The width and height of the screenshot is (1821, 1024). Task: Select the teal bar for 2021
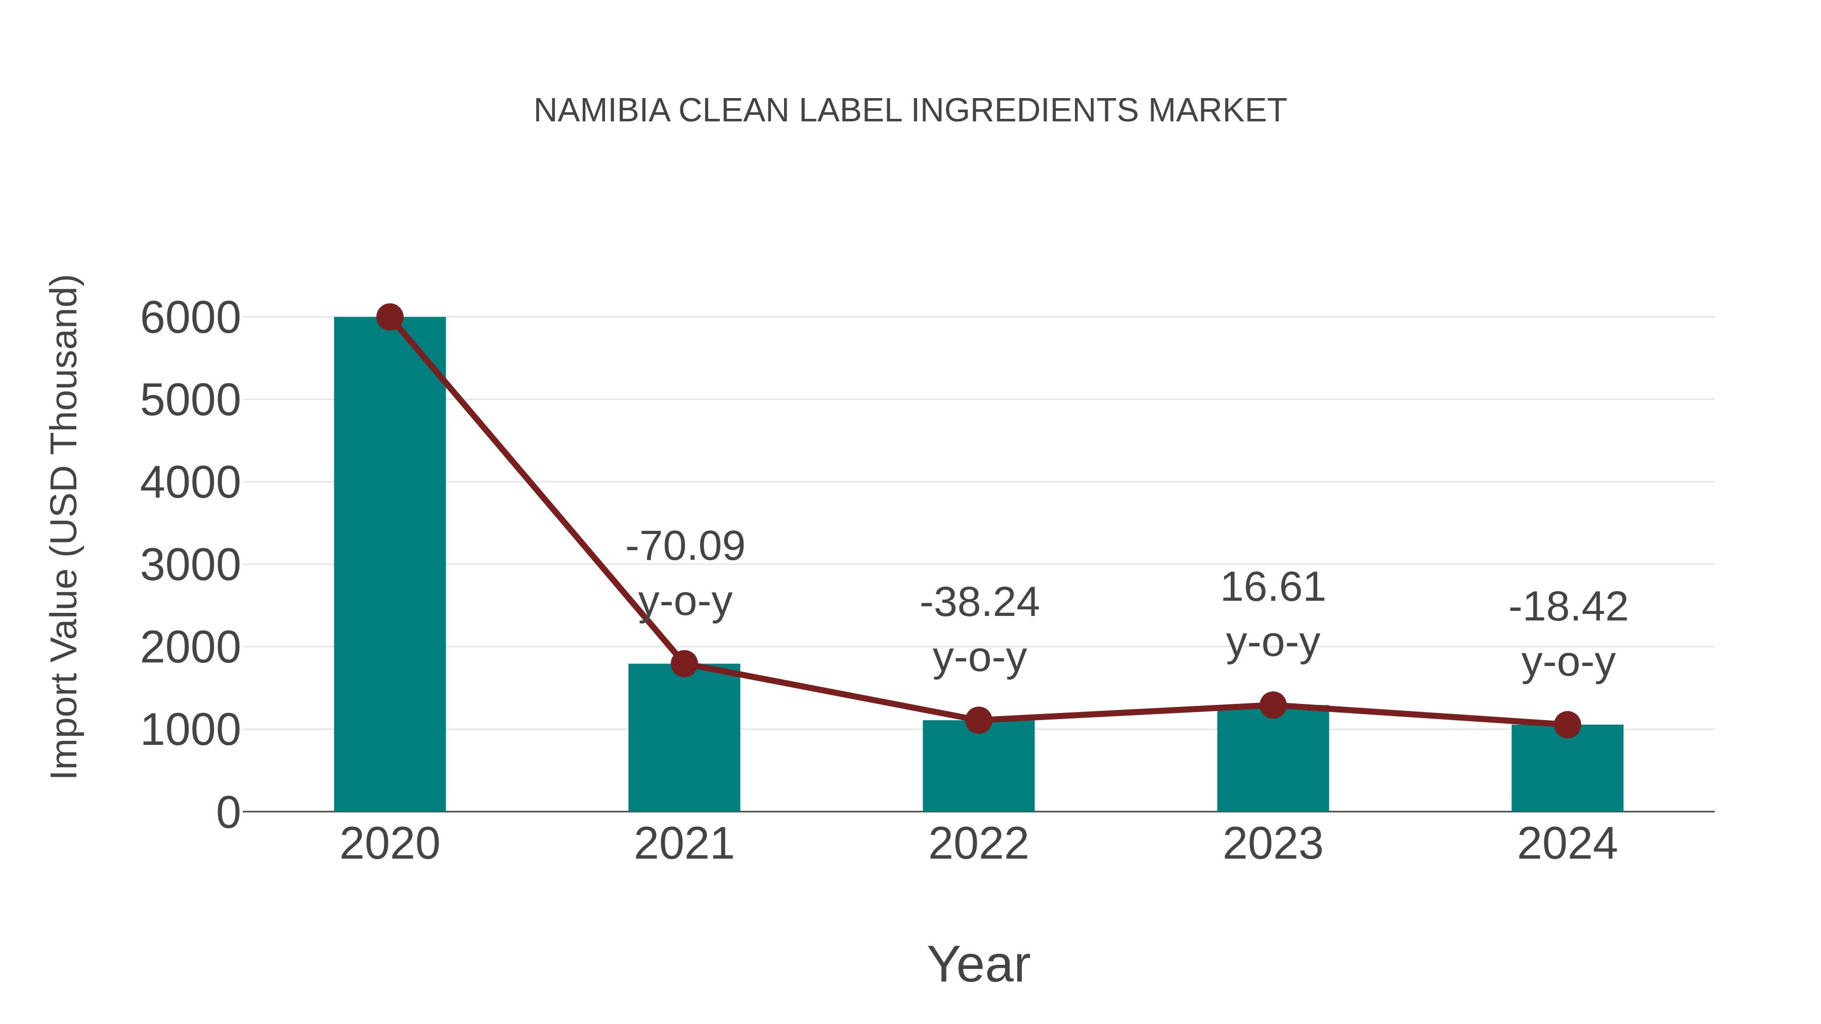pyautogui.click(x=683, y=742)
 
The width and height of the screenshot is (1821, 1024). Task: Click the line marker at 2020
pyautogui.click(x=389, y=317)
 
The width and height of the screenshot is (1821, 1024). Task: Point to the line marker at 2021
pyautogui.click(x=683, y=663)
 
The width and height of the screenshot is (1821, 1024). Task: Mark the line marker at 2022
pyautogui.click(x=978, y=720)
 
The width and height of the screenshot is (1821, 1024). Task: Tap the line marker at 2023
pyautogui.click(x=1273, y=704)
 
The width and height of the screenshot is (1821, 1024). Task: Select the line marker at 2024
pyautogui.click(x=1567, y=724)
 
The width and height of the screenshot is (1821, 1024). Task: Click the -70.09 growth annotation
pyautogui.click(x=685, y=546)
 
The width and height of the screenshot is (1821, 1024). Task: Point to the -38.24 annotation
pyautogui.click(x=979, y=603)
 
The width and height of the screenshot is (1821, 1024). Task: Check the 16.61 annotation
pyautogui.click(x=1273, y=587)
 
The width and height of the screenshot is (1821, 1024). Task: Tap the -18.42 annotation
pyautogui.click(x=1568, y=607)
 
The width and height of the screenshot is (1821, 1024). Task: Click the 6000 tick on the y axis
pyautogui.click(x=190, y=318)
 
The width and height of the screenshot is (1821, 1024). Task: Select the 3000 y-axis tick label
pyautogui.click(x=190, y=565)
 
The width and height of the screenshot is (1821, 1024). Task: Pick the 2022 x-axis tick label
pyautogui.click(x=978, y=844)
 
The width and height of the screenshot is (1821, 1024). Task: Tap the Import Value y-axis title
pyautogui.click(x=64, y=526)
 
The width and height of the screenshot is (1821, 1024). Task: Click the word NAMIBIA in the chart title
pyautogui.click(x=601, y=111)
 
